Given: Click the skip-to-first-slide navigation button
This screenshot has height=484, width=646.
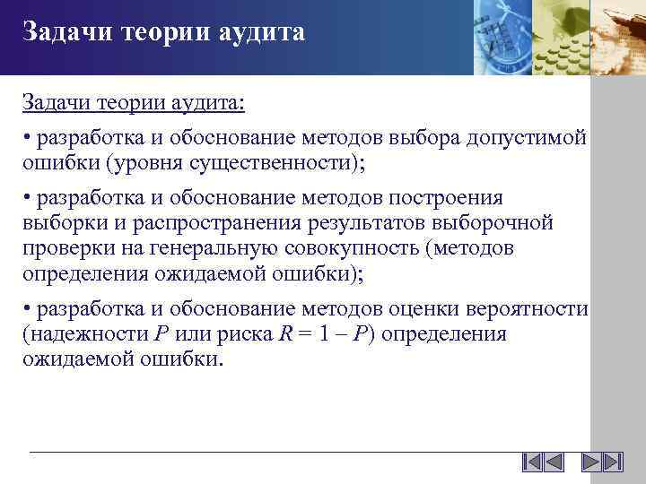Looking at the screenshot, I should (x=531, y=462).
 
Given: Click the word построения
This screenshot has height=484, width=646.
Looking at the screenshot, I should (x=450, y=198).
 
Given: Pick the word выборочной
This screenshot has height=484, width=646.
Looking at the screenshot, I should (x=502, y=222).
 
